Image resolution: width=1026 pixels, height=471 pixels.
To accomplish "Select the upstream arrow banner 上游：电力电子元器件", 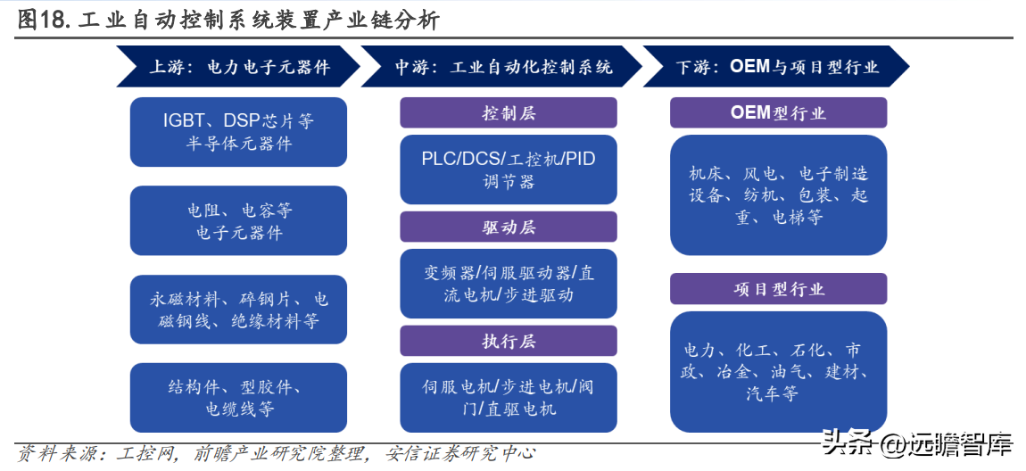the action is point(238,66).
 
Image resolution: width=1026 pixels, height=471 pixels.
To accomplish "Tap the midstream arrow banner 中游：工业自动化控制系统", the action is point(501,66).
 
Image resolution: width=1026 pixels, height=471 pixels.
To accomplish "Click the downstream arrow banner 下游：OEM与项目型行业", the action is point(776,66).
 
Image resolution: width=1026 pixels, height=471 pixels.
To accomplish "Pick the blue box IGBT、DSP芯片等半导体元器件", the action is point(238,132).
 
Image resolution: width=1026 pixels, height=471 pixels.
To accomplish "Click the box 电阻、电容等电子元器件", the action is point(238,220).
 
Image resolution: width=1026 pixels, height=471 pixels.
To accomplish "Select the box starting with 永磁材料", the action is point(238,310).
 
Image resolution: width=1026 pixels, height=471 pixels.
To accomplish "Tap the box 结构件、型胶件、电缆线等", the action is point(238,398).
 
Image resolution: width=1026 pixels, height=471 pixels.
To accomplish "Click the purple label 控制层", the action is point(509,112).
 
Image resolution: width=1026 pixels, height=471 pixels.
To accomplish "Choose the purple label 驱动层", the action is point(509,227).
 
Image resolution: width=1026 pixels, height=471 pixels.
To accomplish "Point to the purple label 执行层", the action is point(509,341).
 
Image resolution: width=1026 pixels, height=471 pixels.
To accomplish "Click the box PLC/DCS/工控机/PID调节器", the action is point(509,169).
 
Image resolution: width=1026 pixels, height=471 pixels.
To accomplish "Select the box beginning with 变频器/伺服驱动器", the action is point(509,284).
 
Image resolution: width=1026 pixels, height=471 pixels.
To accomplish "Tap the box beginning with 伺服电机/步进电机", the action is point(509,398).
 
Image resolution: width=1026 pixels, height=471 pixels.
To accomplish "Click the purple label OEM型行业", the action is point(778,112).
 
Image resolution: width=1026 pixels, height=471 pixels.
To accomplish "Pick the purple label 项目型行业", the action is point(778,289).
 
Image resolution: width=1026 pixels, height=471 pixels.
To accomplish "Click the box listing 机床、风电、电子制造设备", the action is point(778,195).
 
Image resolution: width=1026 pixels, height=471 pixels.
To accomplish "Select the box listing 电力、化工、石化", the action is point(778,372).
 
